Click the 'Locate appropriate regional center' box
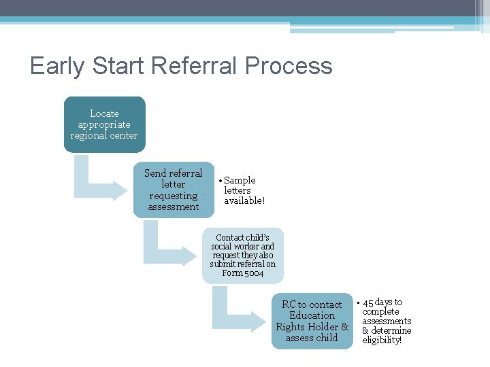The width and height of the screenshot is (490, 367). click(104, 124)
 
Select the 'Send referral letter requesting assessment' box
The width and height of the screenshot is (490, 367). click(173, 190)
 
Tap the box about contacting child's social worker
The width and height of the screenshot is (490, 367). click(242, 256)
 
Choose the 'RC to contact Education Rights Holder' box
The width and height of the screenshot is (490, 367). click(312, 321)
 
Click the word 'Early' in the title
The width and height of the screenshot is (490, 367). click(55, 66)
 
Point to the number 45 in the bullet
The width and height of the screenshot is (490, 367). click(368, 302)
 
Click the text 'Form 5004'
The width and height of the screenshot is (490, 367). click(242, 273)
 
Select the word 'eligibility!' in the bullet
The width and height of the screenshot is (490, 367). click(382, 340)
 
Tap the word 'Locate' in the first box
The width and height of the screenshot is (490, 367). click(104, 113)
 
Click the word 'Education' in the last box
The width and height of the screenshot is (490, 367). click(312, 315)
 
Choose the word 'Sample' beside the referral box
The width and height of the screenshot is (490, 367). click(240, 180)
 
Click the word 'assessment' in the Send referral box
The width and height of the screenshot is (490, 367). click(173, 207)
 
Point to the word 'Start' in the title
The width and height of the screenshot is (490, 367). click(116, 66)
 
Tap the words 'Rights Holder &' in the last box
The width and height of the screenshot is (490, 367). click(312, 326)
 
